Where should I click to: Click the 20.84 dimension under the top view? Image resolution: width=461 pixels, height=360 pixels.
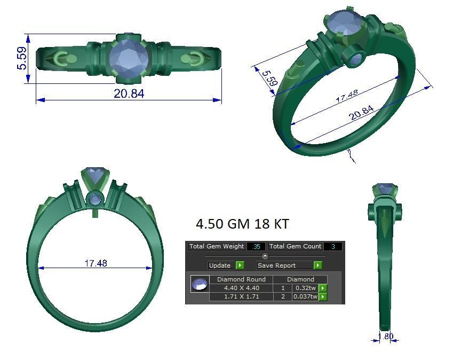click(129, 93)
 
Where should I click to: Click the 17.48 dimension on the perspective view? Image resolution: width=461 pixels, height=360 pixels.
click(347, 97)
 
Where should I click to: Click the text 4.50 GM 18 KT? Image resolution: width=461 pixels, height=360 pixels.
click(242, 224)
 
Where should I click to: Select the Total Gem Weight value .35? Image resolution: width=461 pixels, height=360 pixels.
click(256, 247)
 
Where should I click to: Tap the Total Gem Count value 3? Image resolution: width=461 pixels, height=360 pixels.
click(333, 247)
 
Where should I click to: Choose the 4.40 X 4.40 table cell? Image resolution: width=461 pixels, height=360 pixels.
click(241, 288)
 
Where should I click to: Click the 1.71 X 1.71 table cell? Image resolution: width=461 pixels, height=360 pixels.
click(241, 296)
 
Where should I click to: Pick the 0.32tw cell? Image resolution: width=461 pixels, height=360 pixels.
click(305, 288)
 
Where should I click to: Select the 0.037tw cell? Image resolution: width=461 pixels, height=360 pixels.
click(305, 296)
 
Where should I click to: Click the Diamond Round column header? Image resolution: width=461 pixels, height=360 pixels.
click(241, 279)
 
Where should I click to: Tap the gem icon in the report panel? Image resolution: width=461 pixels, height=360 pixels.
click(200, 284)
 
